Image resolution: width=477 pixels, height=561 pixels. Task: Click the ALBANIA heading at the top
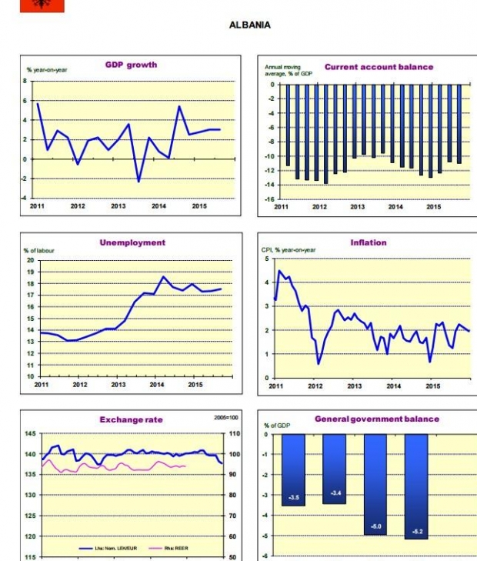click(249, 25)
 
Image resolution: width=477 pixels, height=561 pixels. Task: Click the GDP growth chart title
click(131, 65)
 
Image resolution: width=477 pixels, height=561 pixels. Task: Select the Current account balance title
click(379, 67)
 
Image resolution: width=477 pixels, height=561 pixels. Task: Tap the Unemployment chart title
click(132, 242)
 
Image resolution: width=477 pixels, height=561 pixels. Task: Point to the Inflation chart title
click(369, 242)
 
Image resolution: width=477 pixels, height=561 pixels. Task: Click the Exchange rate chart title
click(131, 419)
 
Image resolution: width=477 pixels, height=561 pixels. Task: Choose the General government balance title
click(377, 419)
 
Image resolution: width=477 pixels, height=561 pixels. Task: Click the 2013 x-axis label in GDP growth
click(118, 206)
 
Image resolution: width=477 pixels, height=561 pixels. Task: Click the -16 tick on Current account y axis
click(270, 199)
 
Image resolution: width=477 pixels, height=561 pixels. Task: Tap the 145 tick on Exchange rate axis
click(29, 434)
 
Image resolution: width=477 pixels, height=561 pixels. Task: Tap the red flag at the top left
click(42, 5)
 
